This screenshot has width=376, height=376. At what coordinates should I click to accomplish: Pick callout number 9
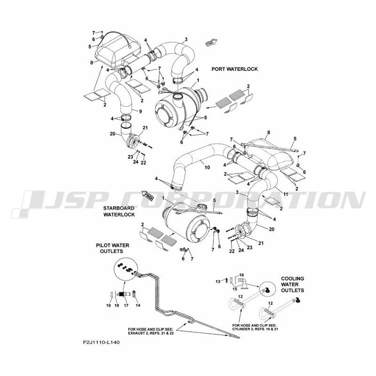tap(140, 110)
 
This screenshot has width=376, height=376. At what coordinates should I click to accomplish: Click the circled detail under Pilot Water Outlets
tap(123, 271)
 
